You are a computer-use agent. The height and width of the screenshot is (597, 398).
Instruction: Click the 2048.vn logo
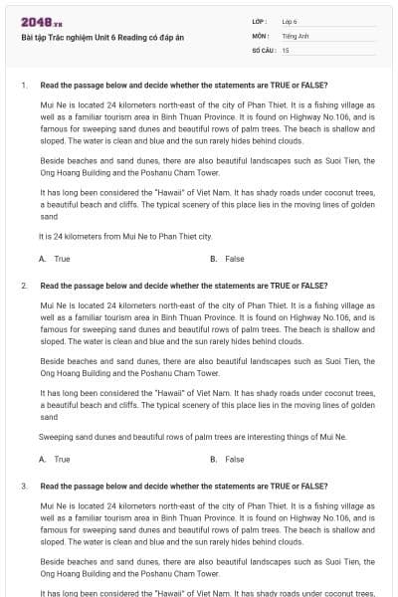tap(41, 21)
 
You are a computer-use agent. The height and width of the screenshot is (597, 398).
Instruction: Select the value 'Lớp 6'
tap(291, 21)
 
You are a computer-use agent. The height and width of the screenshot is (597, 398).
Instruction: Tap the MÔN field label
tap(260, 35)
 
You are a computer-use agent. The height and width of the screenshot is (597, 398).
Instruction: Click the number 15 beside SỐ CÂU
tap(286, 49)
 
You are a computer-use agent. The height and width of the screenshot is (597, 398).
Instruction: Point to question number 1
tap(24, 86)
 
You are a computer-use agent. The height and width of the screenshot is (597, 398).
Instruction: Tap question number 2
tap(24, 286)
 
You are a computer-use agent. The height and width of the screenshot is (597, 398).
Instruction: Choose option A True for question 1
tap(56, 259)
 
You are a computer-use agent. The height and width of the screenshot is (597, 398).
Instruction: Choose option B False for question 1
tap(228, 259)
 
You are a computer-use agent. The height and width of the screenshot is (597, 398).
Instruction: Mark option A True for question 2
tap(56, 459)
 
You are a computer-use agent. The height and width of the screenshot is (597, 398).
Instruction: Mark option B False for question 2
tap(228, 459)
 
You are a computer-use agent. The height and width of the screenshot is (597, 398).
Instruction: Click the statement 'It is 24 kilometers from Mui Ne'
tap(125, 237)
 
